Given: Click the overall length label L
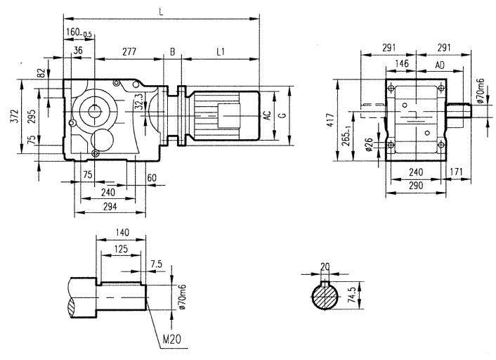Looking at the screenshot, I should [x=161, y=12].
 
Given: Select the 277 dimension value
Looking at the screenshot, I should [x=128, y=51].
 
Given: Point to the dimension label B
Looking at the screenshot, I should [x=172, y=51].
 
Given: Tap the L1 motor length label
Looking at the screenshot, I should [x=221, y=51].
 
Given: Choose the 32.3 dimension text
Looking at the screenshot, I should [x=138, y=103].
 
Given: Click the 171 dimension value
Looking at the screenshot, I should [x=457, y=172].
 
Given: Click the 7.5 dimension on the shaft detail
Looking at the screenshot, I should [x=156, y=264].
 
